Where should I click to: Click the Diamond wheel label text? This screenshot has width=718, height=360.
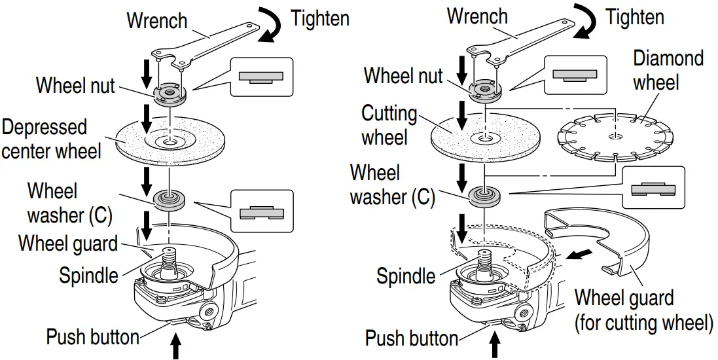point(668,70)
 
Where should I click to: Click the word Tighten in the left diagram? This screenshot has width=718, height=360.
point(319,18)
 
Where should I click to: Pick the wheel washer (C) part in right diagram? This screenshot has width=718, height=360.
point(485,194)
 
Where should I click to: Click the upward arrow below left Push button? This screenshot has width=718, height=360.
point(175,347)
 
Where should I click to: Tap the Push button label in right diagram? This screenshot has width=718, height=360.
point(411,338)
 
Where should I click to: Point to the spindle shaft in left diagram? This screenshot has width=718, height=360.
point(169,259)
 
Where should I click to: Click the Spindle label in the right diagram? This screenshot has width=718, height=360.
point(405,276)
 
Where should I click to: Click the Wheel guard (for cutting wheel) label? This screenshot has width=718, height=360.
point(643,310)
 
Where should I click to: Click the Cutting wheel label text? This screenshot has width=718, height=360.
point(389,126)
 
